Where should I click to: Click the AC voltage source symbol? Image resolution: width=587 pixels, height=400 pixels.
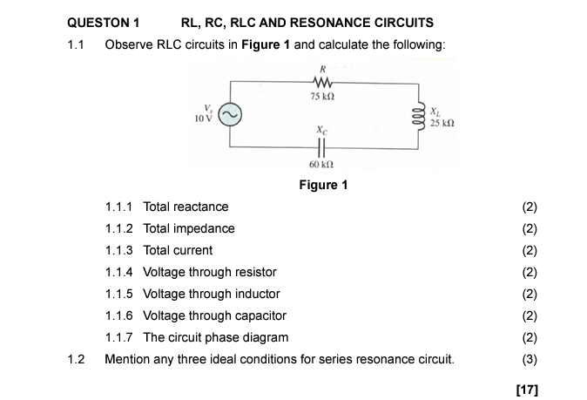(x=230, y=115)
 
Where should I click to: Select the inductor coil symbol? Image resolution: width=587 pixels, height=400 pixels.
(x=421, y=114)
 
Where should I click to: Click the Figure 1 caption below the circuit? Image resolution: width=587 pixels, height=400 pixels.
(x=323, y=184)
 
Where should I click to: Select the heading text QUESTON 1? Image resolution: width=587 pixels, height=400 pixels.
(x=103, y=23)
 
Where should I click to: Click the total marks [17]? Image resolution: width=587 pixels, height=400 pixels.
(x=527, y=389)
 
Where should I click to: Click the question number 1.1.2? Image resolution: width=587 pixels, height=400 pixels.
(x=118, y=228)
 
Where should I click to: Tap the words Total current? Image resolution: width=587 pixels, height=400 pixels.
(x=178, y=250)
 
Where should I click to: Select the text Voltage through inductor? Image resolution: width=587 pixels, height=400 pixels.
(x=212, y=294)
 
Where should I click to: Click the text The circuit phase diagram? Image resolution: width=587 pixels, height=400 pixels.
(x=216, y=337)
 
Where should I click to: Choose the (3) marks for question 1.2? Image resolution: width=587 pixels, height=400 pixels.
(x=530, y=358)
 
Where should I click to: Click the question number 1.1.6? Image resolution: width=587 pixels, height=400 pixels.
(x=118, y=315)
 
